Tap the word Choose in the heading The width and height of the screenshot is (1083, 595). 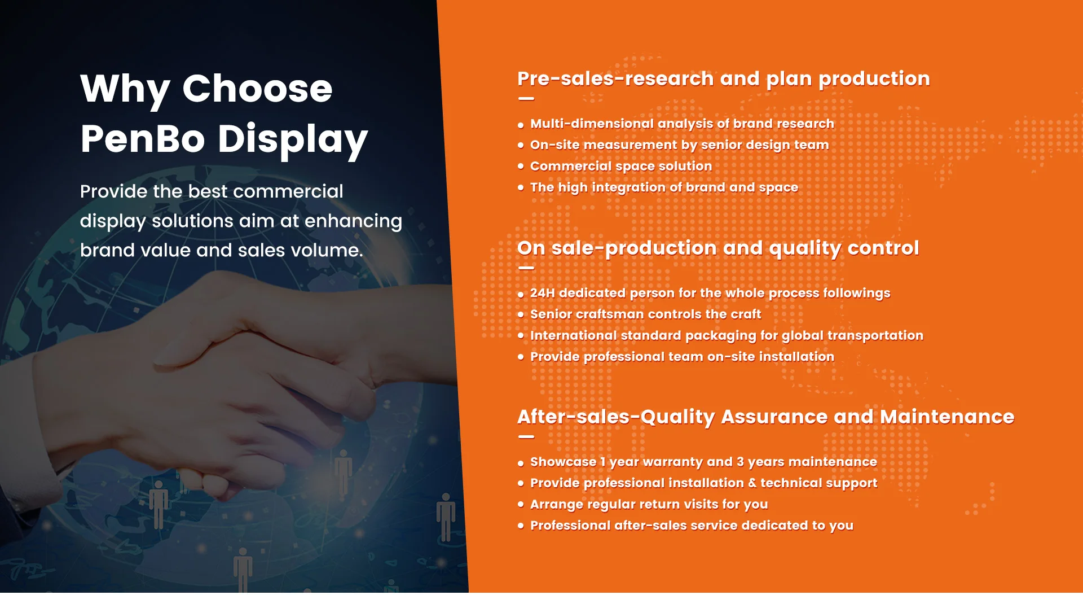(257, 89)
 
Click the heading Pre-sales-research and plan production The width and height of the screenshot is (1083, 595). (723, 78)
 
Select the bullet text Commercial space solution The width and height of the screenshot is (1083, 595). (620, 167)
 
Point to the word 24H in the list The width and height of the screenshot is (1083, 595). (542, 294)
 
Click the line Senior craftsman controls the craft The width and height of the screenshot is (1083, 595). (645, 314)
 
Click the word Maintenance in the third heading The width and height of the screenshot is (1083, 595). (946, 417)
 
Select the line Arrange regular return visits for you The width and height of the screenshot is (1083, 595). (649, 505)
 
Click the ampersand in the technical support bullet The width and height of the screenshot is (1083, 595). (752, 484)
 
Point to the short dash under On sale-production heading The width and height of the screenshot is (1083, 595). (526, 268)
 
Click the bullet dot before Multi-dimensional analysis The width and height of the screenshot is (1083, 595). (521, 125)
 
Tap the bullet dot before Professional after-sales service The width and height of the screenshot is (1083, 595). (521, 526)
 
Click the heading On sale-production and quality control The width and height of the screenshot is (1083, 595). (717, 248)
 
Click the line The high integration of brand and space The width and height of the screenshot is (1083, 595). (663, 188)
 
